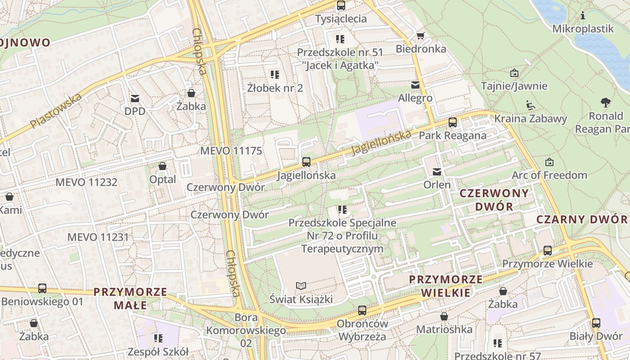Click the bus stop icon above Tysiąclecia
[x=341, y=5]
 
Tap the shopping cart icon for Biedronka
[x=421, y=36]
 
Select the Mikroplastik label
[x=583, y=29]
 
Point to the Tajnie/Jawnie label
[x=514, y=86]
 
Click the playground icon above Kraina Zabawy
[x=530, y=105]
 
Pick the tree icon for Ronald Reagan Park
[x=606, y=103]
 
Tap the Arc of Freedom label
[x=549, y=175]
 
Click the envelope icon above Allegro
[x=415, y=85]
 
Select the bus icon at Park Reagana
[x=453, y=122]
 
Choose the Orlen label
[x=436, y=185]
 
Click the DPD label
[x=135, y=111]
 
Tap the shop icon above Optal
[x=162, y=166]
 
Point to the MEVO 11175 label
[x=231, y=151]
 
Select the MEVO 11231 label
[x=98, y=237]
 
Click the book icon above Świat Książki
[x=301, y=286]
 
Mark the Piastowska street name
[x=56, y=111]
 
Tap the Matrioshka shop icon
[x=444, y=317]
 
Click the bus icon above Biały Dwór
[x=596, y=323]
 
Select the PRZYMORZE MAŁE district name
[x=130, y=298]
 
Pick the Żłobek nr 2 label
[x=275, y=88]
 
